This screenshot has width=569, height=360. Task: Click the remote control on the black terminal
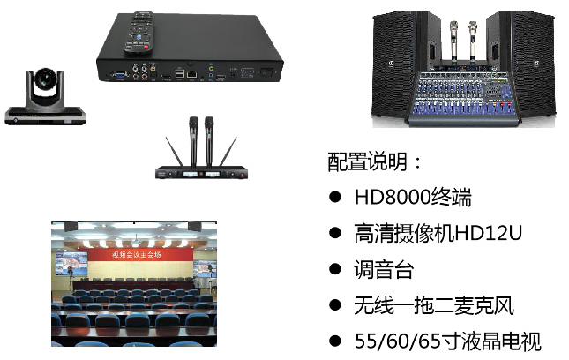pyautogui.click(x=138, y=33)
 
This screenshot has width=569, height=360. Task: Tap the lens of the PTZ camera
pyautogui.click(x=45, y=79)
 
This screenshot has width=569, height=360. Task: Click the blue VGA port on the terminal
pyautogui.click(x=119, y=75)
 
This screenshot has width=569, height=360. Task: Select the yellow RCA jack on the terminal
pyautogui.click(x=153, y=67)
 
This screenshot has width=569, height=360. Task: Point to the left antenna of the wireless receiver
pyautogui.click(x=175, y=152)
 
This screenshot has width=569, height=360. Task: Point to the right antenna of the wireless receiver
pyautogui.click(x=228, y=152)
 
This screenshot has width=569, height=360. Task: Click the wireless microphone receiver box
pyautogui.click(x=201, y=173)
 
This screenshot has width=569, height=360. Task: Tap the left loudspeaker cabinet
pyautogui.click(x=405, y=65)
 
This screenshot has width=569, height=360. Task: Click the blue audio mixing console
pyautogui.click(x=465, y=98)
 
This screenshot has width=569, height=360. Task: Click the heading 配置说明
pyautogui.click(x=367, y=161)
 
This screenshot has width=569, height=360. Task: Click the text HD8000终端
pyautogui.click(x=413, y=198)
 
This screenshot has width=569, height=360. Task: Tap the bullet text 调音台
pyautogui.click(x=384, y=269)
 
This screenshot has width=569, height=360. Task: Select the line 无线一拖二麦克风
pyautogui.click(x=434, y=305)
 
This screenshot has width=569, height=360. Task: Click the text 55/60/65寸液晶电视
pyautogui.click(x=448, y=341)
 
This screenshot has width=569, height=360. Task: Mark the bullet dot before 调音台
pyautogui.click(x=335, y=269)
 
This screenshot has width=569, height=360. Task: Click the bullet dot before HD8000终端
pyautogui.click(x=335, y=197)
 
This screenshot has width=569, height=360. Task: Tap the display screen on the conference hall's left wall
pyautogui.click(x=71, y=263)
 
